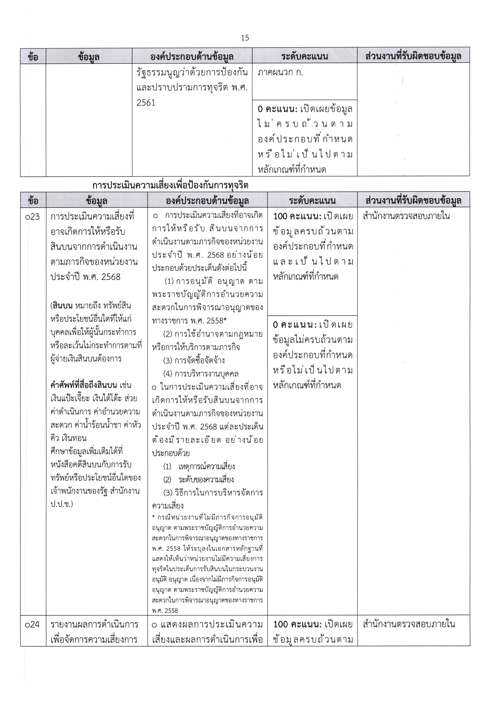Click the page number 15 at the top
(245, 38)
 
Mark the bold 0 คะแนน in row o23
(294, 325)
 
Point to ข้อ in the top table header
(33, 56)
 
